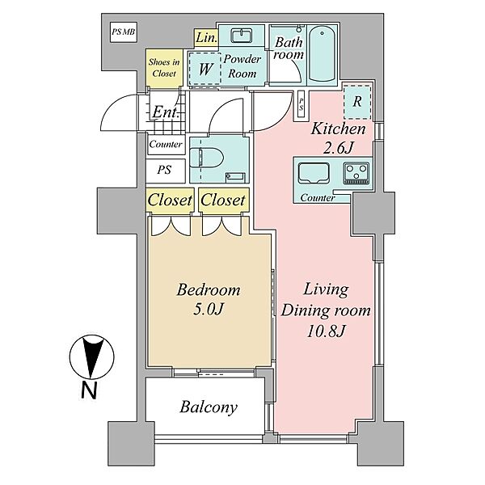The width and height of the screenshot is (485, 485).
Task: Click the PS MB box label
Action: point(123,32)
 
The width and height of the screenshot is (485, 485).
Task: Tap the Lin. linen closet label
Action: point(206,38)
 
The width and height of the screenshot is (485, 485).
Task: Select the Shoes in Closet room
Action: point(164,68)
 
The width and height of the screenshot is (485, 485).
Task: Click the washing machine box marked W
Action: point(205,69)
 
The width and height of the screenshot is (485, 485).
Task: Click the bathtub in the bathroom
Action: point(322,54)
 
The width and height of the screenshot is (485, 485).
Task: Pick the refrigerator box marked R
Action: point(357,102)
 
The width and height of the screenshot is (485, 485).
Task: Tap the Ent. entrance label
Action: point(166,112)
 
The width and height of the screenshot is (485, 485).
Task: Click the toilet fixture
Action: point(206,158)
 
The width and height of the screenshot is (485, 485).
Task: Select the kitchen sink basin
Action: point(313,174)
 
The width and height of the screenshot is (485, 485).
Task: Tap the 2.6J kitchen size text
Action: point(337,149)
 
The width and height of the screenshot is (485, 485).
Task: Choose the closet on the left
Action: point(170,200)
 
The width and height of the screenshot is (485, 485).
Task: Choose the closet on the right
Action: point(223,200)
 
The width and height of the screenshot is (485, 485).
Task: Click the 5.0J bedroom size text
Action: point(209,309)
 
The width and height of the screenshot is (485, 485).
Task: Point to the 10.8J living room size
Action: point(326,331)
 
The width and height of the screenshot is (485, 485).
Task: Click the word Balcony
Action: point(209,407)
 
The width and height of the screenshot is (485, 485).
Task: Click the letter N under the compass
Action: point(89,390)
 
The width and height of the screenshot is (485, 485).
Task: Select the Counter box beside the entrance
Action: point(166,145)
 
